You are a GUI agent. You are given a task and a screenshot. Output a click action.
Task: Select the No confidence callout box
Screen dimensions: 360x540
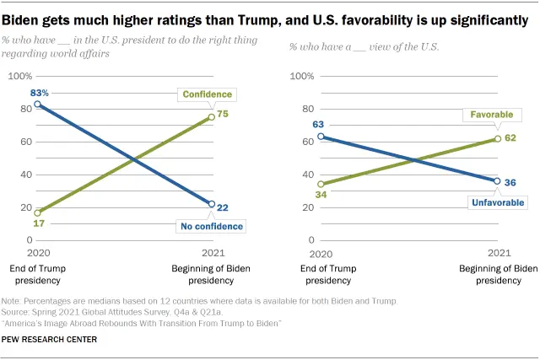[x=210, y=226]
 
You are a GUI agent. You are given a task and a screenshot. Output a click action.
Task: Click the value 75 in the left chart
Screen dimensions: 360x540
[x=224, y=114]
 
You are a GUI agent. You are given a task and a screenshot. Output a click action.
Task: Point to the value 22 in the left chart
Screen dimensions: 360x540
[x=224, y=207]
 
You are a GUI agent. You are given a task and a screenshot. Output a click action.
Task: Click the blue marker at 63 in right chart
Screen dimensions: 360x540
[x=320, y=137]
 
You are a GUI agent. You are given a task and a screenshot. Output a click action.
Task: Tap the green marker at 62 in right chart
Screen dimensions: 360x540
[x=497, y=138]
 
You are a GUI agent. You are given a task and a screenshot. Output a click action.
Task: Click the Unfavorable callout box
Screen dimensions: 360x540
[x=496, y=202]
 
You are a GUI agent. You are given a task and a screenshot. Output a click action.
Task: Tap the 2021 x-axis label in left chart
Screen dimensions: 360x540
[x=210, y=253]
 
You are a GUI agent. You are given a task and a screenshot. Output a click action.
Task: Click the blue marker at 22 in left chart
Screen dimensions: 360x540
[x=211, y=204]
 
